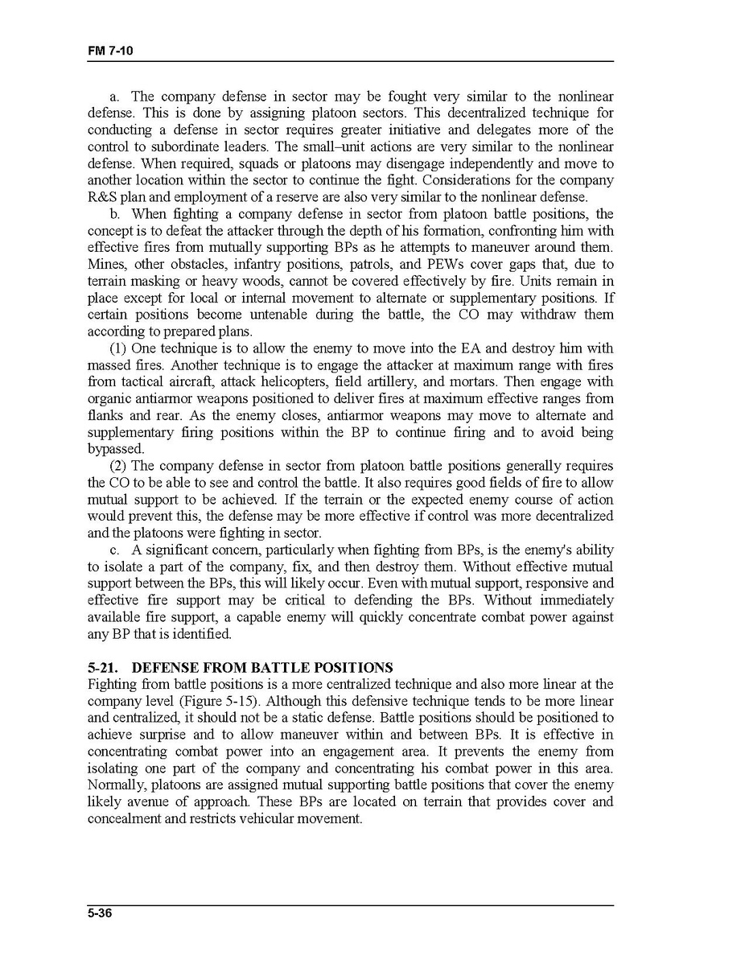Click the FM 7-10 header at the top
coord(110,51)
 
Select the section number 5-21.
coord(103,668)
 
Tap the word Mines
coord(105,264)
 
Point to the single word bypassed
coord(116,449)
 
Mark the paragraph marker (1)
coord(118,348)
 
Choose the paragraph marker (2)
coord(118,466)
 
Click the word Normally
coord(116,785)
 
